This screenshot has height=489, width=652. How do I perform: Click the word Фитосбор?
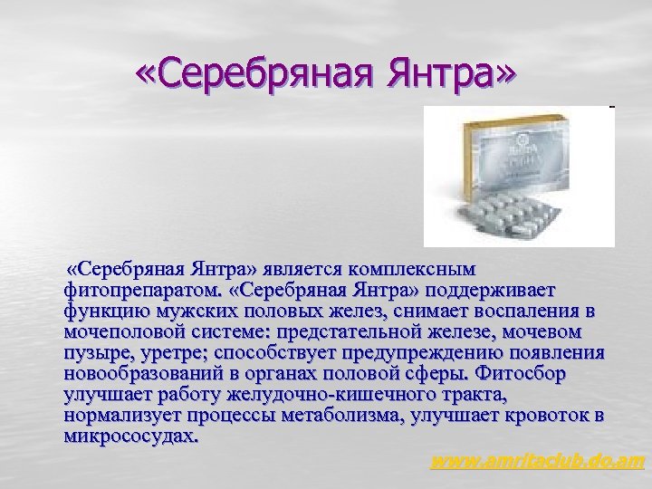pos(552,373)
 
